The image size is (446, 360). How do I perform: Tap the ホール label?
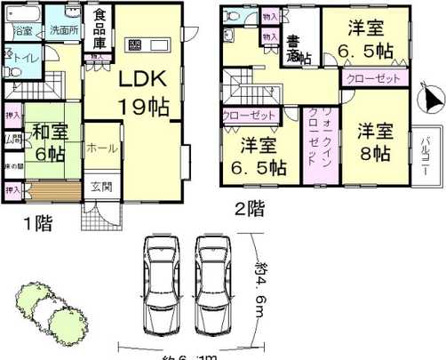[x=98, y=150]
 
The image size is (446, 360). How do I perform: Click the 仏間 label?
[x=12, y=140]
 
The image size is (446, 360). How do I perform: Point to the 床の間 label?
[x=12, y=167]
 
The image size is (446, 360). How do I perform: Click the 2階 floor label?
[x=250, y=211]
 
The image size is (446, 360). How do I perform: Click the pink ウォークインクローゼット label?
[x=315, y=144]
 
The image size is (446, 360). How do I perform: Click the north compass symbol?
[x=428, y=99]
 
